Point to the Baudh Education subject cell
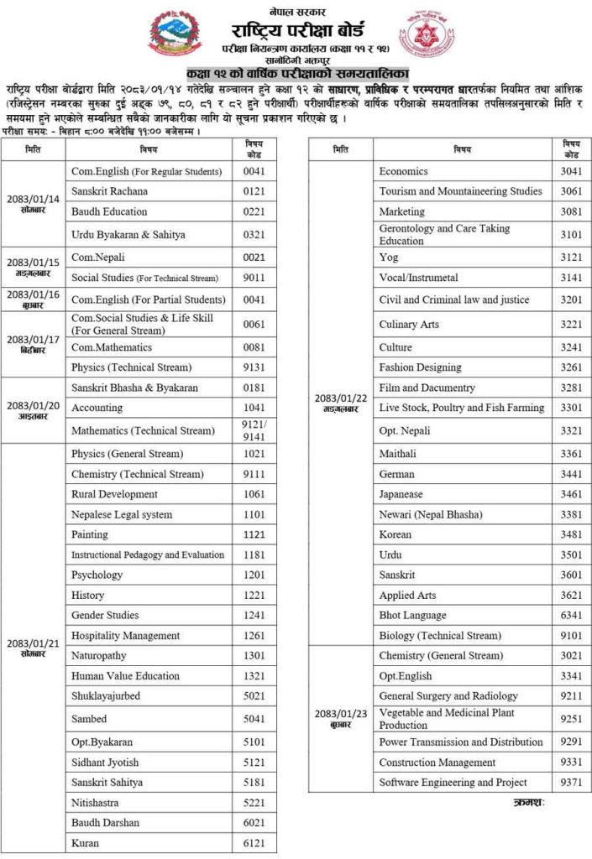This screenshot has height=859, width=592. (109, 211)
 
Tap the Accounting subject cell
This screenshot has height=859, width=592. (97, 408)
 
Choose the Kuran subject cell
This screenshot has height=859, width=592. (86, 843)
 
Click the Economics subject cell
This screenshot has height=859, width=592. (403, 171)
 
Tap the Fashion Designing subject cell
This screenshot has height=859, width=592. (420, 367)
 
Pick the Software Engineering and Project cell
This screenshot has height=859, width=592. (453, 783)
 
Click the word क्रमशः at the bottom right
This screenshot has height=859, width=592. (529, 804)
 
